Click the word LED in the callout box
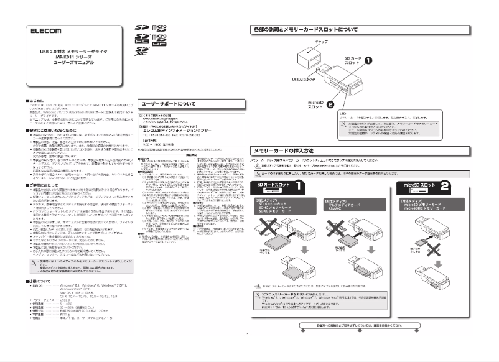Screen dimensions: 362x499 343,114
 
